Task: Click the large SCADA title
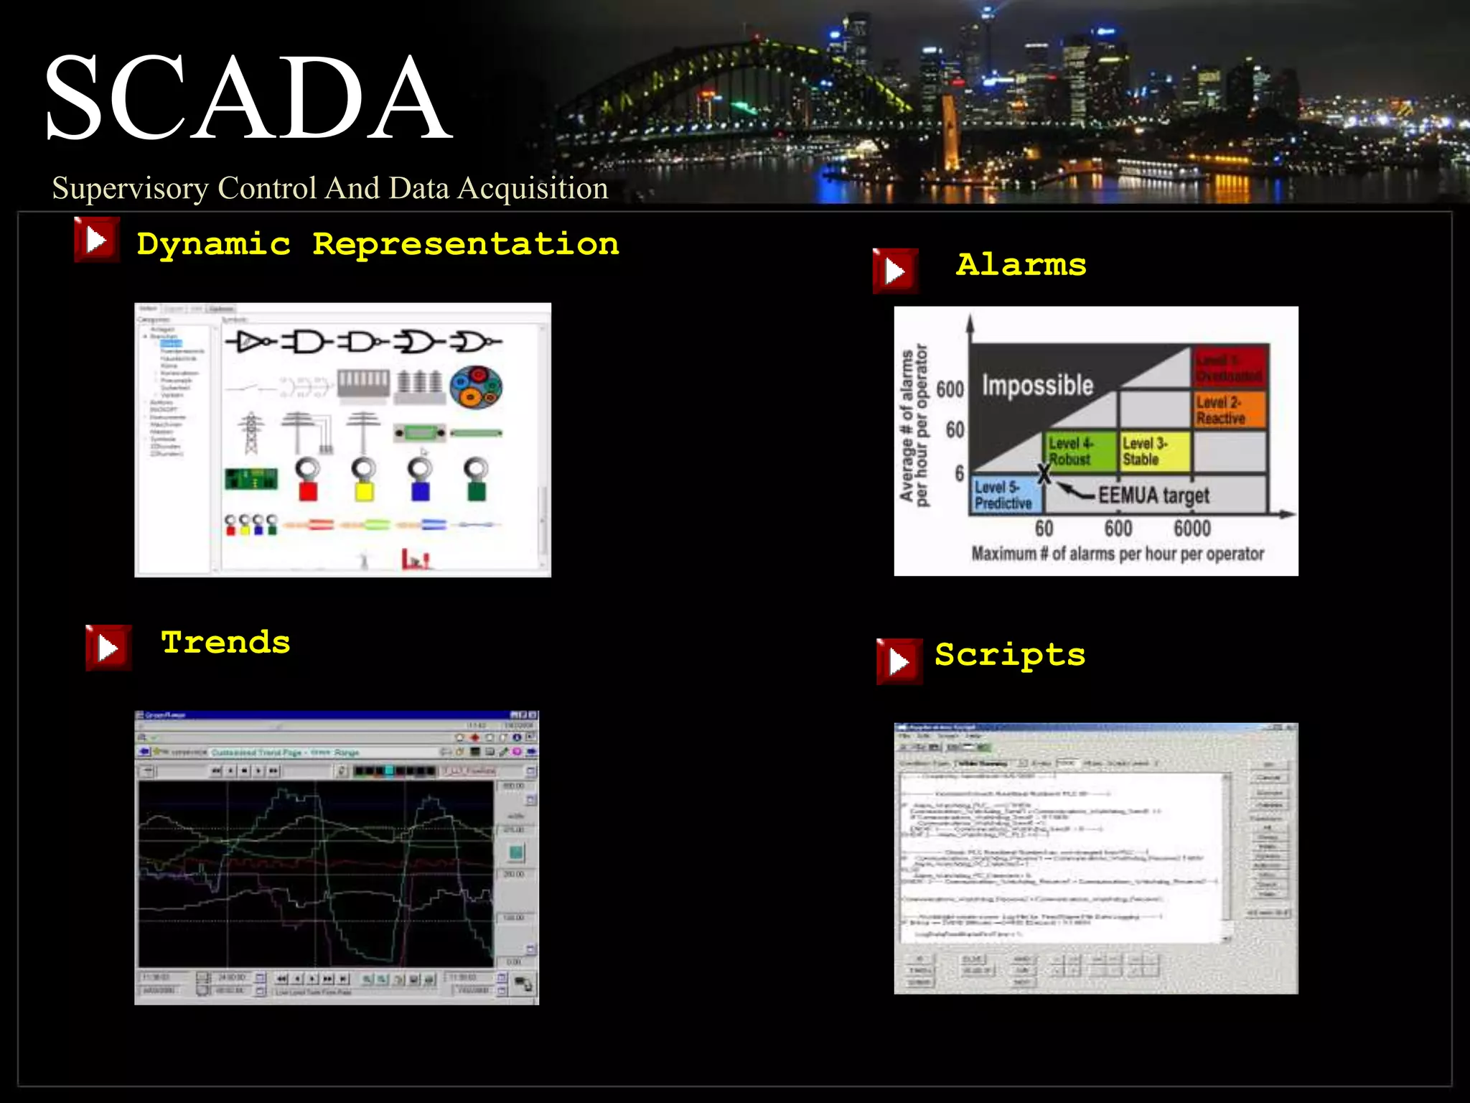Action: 248,98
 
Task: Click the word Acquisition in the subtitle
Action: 533,188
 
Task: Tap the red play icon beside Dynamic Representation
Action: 96,240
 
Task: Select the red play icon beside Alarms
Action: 894,271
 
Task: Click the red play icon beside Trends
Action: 108,648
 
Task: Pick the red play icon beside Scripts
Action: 899,661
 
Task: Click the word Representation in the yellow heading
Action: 465,244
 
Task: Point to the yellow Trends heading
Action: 225,642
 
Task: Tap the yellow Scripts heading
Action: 1009,655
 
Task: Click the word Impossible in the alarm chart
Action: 1037,386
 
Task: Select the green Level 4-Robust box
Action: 1080,451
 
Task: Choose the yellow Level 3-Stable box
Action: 1154,451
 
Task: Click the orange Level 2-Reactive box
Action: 1229,409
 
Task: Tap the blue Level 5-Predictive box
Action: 1005,495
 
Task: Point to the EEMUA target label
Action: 1153,495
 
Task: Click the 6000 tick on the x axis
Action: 1192,529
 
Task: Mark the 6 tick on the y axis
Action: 959,474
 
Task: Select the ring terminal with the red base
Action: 308,479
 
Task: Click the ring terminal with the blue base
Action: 420,479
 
